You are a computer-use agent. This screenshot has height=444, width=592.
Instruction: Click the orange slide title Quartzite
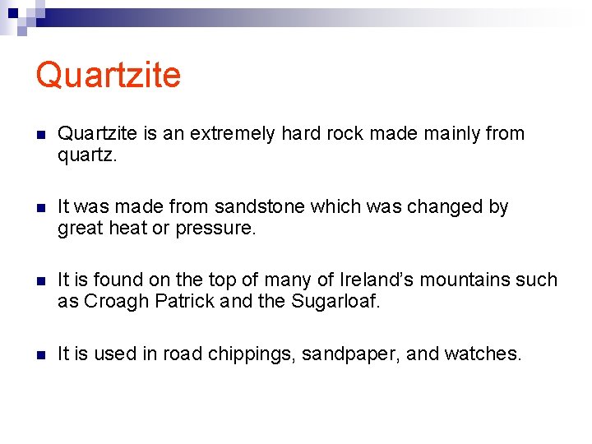coord(108,75)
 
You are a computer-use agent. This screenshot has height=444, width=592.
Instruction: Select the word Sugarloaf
coord(335,302)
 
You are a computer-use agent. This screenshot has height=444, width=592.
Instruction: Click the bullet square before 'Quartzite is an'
coord(40,134)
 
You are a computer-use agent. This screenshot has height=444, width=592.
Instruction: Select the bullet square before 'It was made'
coord(40,207)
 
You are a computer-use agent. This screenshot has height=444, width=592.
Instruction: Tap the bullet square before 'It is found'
coord(40,280)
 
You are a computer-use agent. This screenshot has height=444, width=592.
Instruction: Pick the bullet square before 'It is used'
coord(40,354)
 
